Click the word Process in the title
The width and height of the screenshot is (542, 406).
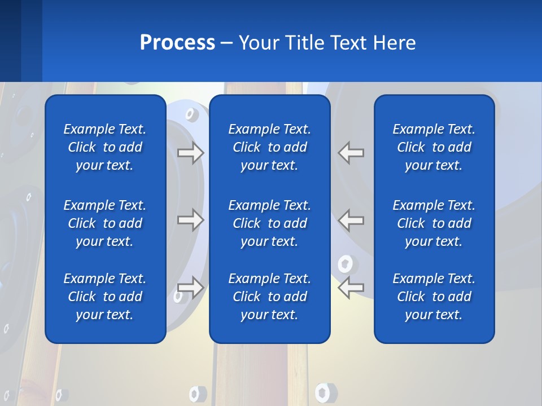point(177,43)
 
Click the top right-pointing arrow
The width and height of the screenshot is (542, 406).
point(191,153)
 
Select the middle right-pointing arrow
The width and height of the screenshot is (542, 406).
point(191,220)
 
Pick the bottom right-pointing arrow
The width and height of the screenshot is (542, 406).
point(191,287)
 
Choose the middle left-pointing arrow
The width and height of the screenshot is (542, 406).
point(351,220)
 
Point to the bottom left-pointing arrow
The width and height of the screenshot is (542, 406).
point(351,287)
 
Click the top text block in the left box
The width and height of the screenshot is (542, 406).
point(105,147)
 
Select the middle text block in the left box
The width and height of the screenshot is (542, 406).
point(105,223)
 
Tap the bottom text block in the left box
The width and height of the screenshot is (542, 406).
point(105,297)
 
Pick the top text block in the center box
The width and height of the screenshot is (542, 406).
point(269,147)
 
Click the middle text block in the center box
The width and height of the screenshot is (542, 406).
point(269,223)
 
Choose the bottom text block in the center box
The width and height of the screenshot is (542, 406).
point(269,297)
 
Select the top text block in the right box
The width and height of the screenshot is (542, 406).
point(434,147)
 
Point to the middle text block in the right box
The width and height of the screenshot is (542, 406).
point(434,223)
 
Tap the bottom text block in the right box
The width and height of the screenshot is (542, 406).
point(434,297)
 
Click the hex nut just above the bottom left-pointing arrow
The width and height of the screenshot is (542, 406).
point(345,263)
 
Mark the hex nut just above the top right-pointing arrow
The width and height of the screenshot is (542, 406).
point(190,115)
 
